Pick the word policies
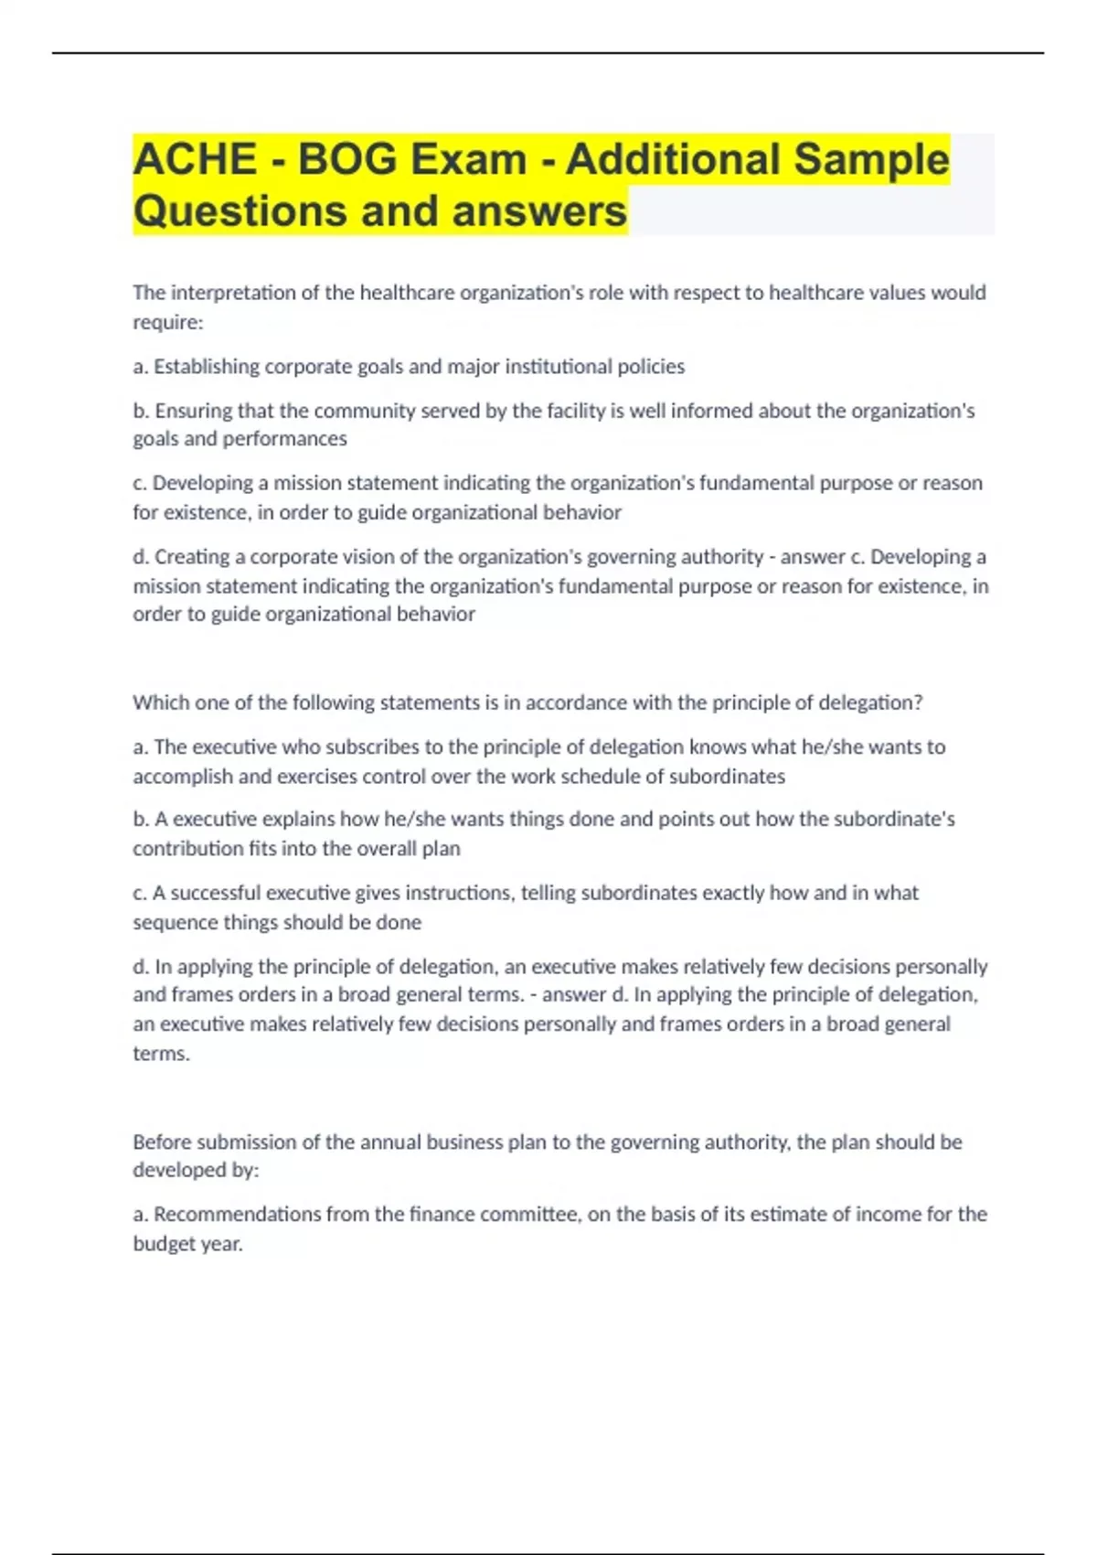coord(651,367)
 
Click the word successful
coord(216,893)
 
